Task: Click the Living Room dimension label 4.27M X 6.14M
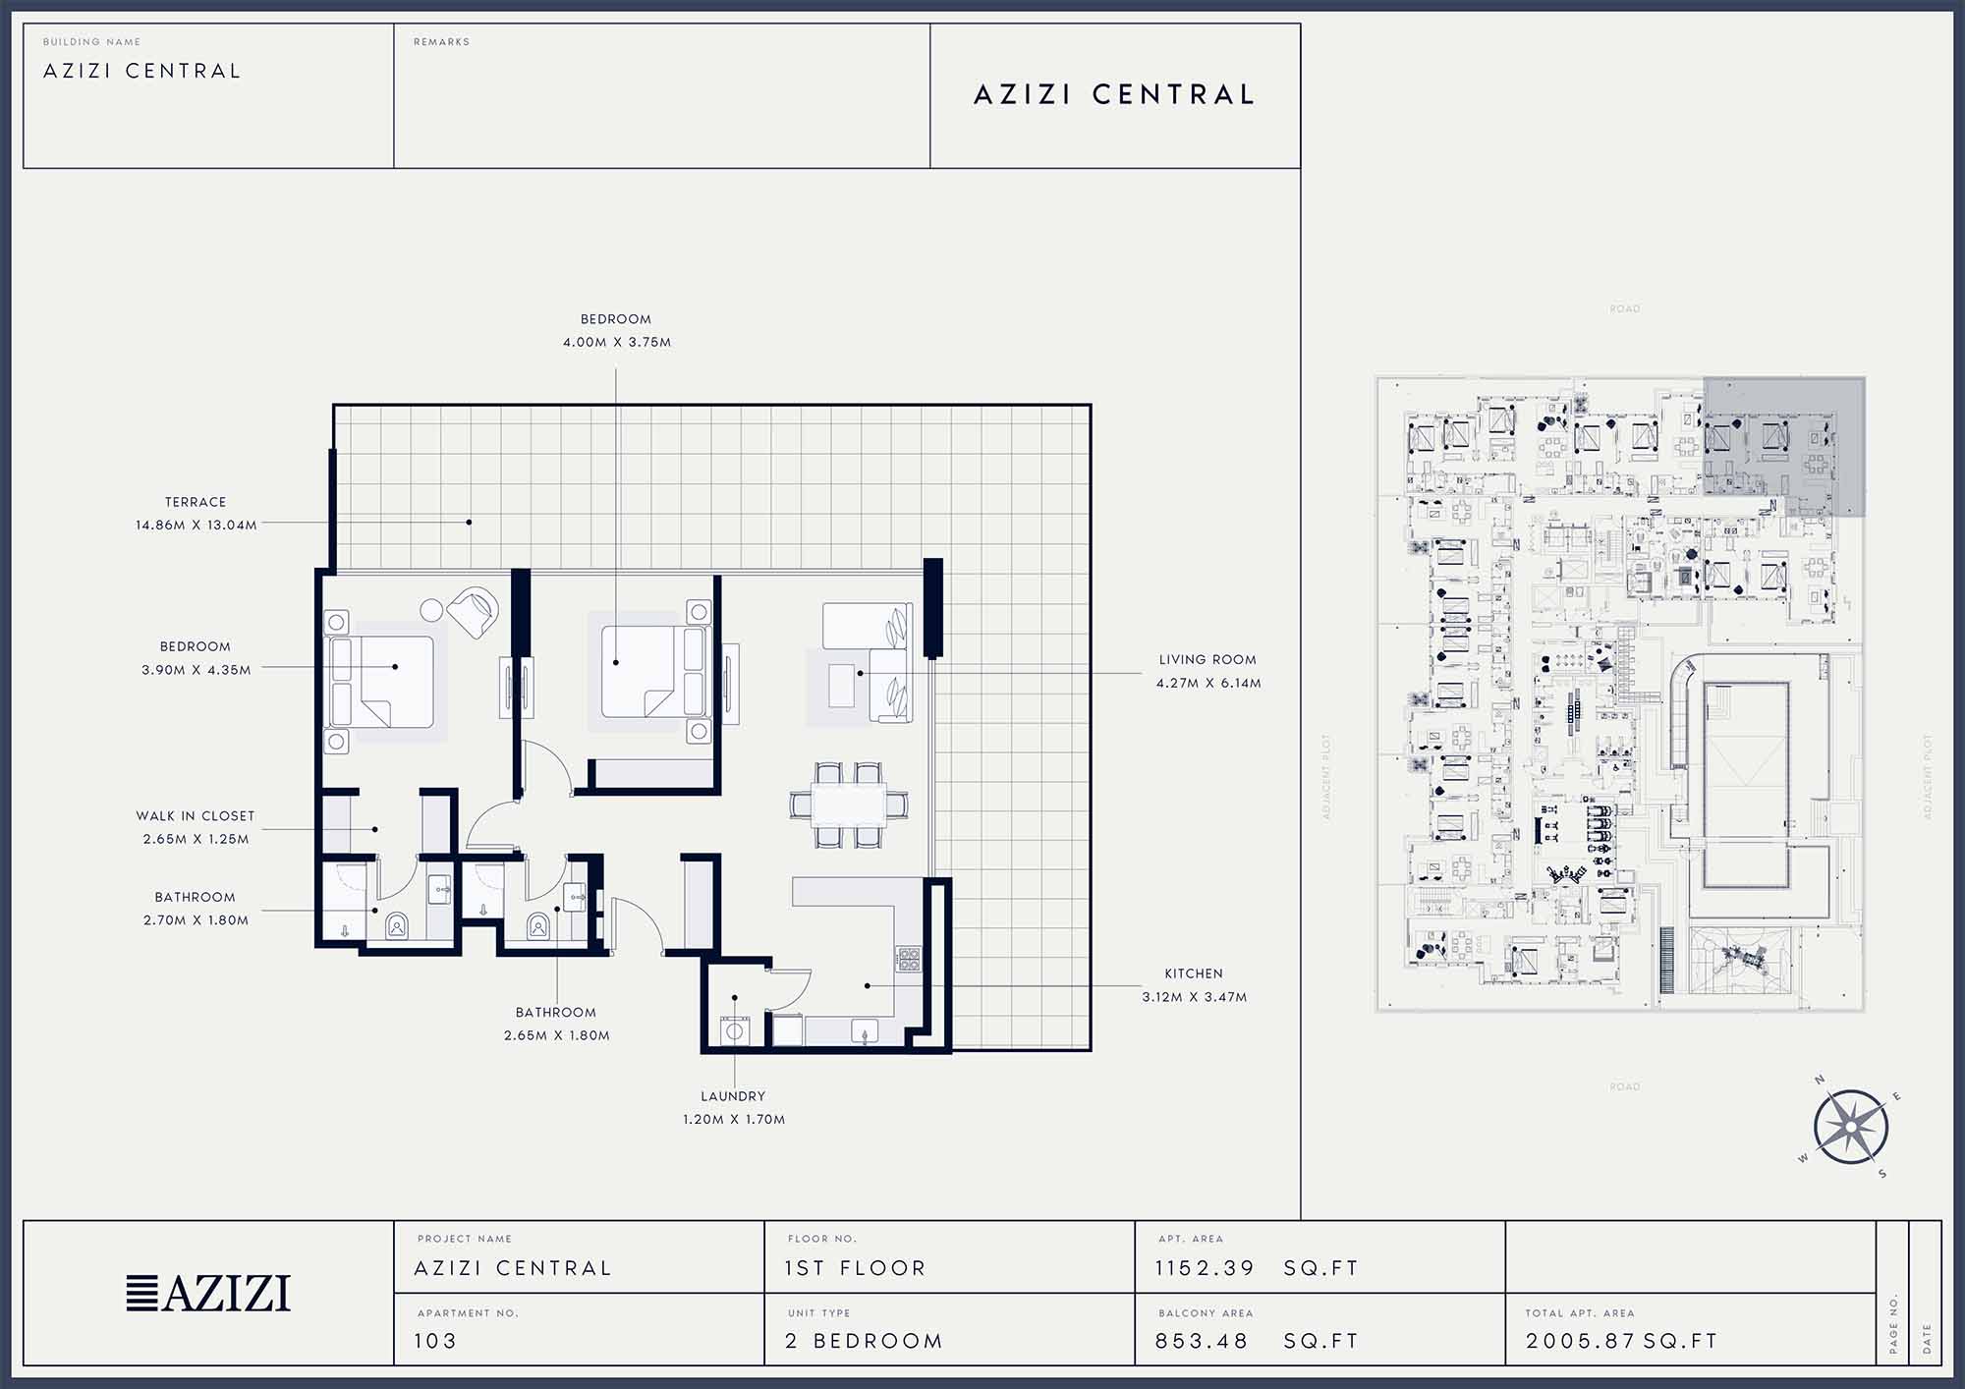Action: (x=1208, y=683)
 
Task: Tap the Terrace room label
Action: (x=196, y=502)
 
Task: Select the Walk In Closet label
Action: (x=196, y=816)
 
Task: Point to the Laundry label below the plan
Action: (x=733, y=1096)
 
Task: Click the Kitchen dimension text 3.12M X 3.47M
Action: (x=1195, y=997)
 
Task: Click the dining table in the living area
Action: (x=849, y=805)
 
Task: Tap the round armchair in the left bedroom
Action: (x=474, y=611)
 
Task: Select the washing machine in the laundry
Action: (x=734, y=1031)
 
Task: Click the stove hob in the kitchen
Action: (x=908, y=958)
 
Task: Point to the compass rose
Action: (x=1851, y=1127)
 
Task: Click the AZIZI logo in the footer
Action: (x=208, y=1293)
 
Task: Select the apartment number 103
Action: (x=435, y=1341)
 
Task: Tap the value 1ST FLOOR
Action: (x=855, y=1268)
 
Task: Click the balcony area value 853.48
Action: (x=1202, y=1341)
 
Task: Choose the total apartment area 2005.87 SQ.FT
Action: (x=1622, y=1341)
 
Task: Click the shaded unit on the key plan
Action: (x=1783, y=447)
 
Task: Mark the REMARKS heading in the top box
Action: (x=441, y=42)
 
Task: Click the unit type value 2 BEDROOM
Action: (x=864, y=1341)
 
